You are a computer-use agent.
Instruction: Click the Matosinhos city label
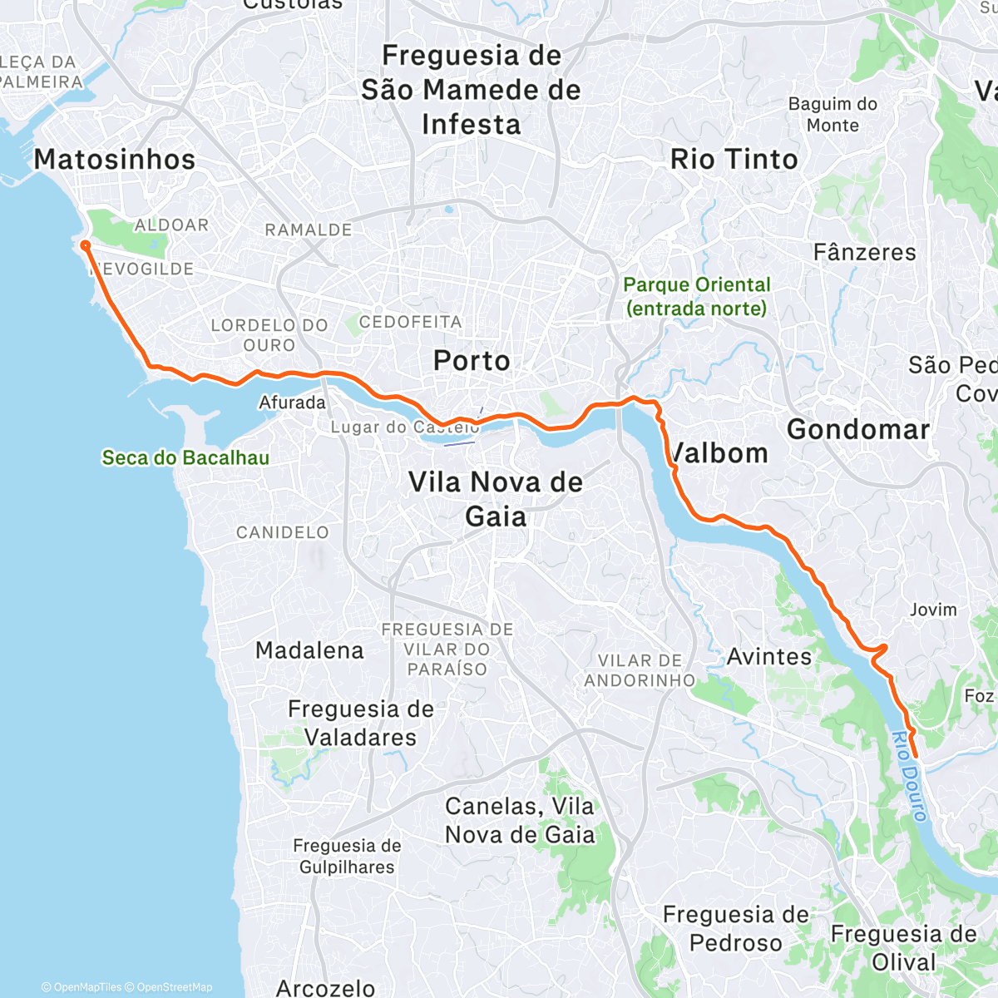(115, 160)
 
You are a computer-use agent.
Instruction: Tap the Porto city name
(472, 361)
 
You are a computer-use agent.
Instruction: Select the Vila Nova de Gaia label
(496, 499)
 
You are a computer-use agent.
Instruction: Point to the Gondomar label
(858, 430)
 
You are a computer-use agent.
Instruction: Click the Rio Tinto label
(734, 159)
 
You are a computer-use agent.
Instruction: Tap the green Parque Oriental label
(697, 297)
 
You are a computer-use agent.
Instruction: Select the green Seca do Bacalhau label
(185, 457)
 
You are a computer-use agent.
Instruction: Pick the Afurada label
(292, 403)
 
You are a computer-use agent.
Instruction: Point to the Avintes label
(769, 657)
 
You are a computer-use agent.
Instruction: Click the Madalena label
(309, 650)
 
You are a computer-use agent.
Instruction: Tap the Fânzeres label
(864, 252)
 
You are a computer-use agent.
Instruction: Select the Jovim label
(933, 610)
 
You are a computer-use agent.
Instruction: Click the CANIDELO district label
(283, 532)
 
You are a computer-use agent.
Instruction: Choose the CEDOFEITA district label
(410, 322)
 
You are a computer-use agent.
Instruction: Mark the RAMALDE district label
(309, 230)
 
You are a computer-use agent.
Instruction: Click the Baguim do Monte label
(832, 115)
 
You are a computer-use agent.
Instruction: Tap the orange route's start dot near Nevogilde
(84, 245)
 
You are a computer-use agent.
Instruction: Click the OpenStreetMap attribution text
(174, 987)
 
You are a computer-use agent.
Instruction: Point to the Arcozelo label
(325, 988)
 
